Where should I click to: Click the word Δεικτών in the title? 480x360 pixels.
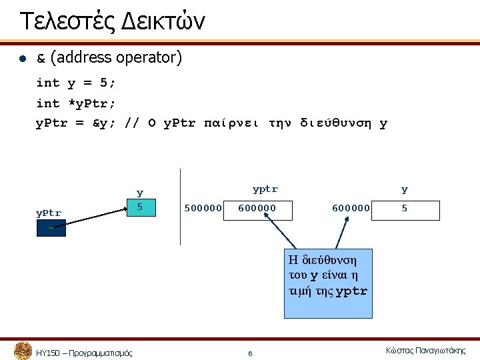163,21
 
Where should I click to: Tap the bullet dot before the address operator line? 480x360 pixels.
22,59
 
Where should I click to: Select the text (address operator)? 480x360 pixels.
115,58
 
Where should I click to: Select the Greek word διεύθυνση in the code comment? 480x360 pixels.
339,123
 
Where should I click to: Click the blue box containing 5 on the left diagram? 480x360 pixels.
140,208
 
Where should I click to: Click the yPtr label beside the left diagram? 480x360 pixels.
48,213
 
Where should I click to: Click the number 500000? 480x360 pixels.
203,209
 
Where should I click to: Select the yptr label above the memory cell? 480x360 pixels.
265,189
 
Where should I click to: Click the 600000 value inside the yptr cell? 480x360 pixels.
257,209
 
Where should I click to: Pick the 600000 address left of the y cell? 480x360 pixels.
351,209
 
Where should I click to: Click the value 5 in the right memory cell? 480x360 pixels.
404,209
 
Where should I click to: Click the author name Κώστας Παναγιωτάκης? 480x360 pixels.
425,351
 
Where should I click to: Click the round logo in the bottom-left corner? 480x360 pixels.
23,351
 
